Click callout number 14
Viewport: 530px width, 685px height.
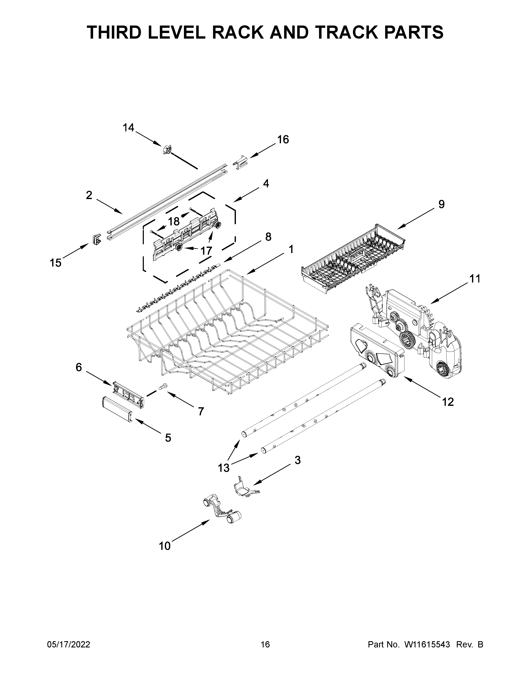click(x=128, y=128)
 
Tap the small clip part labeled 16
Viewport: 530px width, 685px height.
click(x=240, y=162)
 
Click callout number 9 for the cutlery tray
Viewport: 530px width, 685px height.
click(x=441, y=204)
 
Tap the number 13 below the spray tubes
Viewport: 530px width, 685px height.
click(x=224, y=477)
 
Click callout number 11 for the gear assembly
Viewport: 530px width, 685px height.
click(x=475, y=279)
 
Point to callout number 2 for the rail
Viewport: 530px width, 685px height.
click(x=89, y=195)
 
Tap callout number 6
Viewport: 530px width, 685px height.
click(x=79, y=367)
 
